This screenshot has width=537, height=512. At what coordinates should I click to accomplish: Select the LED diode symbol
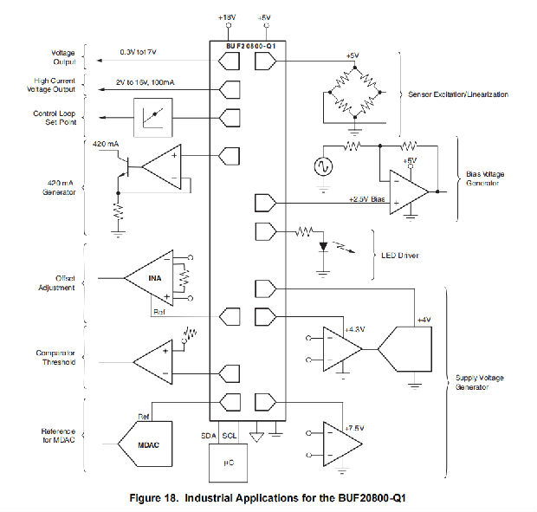[323, 246]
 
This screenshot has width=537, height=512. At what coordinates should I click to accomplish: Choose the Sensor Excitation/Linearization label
[459, 94]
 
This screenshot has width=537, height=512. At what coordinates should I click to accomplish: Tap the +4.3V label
[355, 329]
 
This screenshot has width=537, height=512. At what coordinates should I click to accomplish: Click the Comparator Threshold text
[54, 357]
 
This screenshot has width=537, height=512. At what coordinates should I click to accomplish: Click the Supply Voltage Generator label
[482, 381]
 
